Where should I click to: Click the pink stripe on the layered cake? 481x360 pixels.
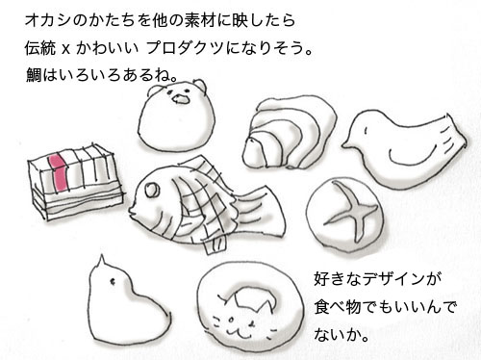point(58,173)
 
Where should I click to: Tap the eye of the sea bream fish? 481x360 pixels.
point(152,190)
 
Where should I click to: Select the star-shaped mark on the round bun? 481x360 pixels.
point(351,211)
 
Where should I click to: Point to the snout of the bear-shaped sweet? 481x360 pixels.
point(181,99)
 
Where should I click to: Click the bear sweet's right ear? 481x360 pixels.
point(199,86)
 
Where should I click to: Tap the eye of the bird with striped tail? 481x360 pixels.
point(366,131)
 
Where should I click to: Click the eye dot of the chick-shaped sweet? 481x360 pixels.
point(113,282)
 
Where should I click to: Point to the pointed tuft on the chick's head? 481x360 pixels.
point(102,262)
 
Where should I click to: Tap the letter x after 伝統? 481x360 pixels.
point(65,49)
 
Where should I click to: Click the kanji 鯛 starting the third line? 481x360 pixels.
point(34,76)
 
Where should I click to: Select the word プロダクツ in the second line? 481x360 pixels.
point(185,48)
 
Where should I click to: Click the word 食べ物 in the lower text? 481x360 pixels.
point(338,307)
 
